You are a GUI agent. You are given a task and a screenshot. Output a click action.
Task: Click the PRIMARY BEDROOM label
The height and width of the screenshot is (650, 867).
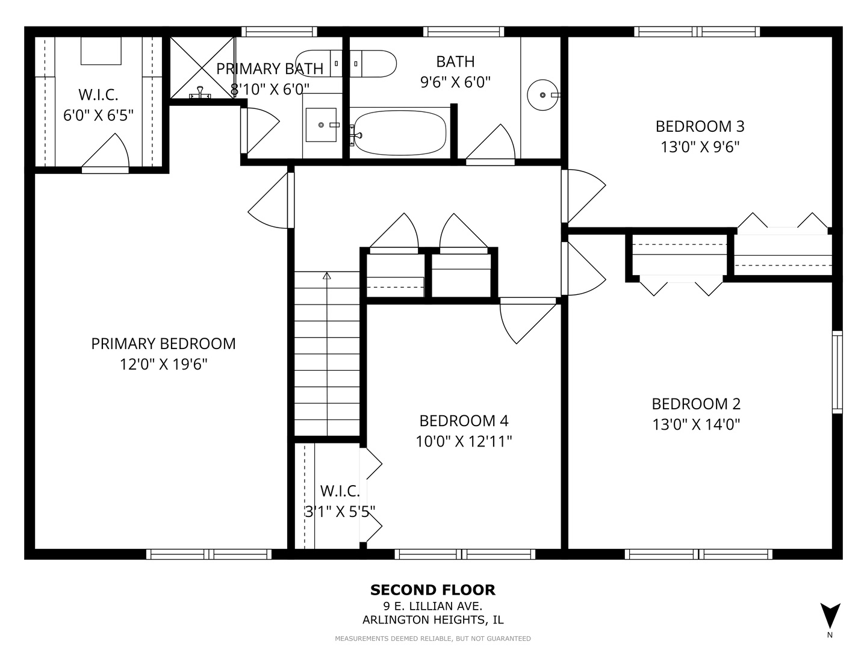[x=163, y=344]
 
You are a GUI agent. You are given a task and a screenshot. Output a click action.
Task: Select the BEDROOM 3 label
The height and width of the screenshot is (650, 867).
[x=700, y=126]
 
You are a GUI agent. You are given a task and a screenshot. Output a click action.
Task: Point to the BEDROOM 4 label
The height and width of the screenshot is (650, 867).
[x=464, y=421]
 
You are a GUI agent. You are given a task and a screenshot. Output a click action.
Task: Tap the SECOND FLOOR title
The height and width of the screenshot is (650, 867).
[x=433, y=590]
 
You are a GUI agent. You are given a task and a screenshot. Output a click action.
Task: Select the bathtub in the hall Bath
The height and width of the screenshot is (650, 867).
[x=400, y=132]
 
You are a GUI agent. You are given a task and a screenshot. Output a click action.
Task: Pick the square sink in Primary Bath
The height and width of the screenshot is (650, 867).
[x=321, y=125]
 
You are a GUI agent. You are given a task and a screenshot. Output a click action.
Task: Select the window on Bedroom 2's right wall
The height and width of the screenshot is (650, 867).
[x=837, y=371]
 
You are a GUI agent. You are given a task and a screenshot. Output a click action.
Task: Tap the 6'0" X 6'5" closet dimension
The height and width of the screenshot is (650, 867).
[x=98, y=115]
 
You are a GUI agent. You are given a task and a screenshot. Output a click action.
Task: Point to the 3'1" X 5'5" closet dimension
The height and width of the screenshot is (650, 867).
[x=340, y=511]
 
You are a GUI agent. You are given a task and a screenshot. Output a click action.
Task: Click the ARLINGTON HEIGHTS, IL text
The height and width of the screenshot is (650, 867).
[x=433, y=620]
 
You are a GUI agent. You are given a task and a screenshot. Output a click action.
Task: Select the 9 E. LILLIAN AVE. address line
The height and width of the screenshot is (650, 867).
[x=433, y=606]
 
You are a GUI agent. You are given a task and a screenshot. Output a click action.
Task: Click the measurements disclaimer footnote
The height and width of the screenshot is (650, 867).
[x=433, y=639]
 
